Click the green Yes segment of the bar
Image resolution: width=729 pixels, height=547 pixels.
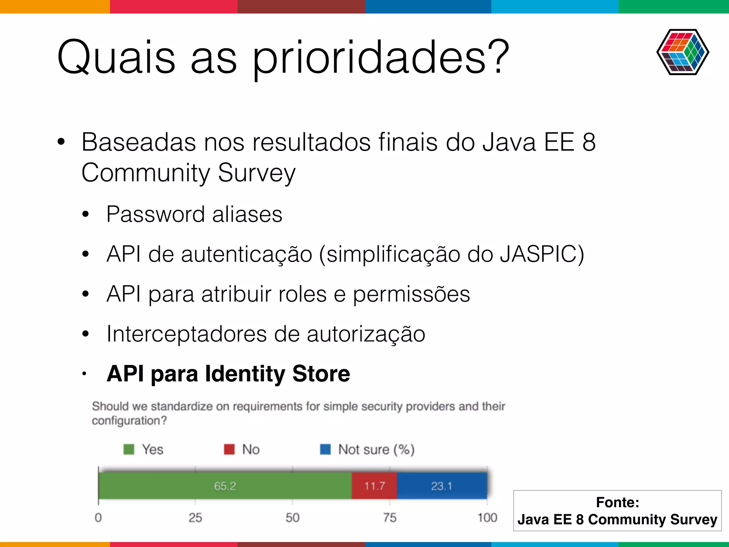coord(225,486)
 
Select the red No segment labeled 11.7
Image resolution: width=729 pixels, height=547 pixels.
coord(374,486)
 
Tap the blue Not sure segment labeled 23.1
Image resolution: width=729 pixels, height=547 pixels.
coord(442,486)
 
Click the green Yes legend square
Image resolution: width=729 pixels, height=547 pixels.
coord(129,449)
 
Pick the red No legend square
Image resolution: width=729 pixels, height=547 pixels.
coord(229,449)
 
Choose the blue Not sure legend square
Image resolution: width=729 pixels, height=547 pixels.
coord(325,449)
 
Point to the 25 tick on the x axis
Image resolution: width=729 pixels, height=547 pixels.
coord(195,517)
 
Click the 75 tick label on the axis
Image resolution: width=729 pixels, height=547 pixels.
coord(390,517)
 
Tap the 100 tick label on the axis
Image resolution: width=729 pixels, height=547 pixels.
coord(487,517)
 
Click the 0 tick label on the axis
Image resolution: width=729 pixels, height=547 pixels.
coord(98,517)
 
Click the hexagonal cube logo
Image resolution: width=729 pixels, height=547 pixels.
coord(682,52)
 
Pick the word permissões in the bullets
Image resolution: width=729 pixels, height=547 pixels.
coord(411,294)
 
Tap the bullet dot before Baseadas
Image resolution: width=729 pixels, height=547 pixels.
coord(61,142)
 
